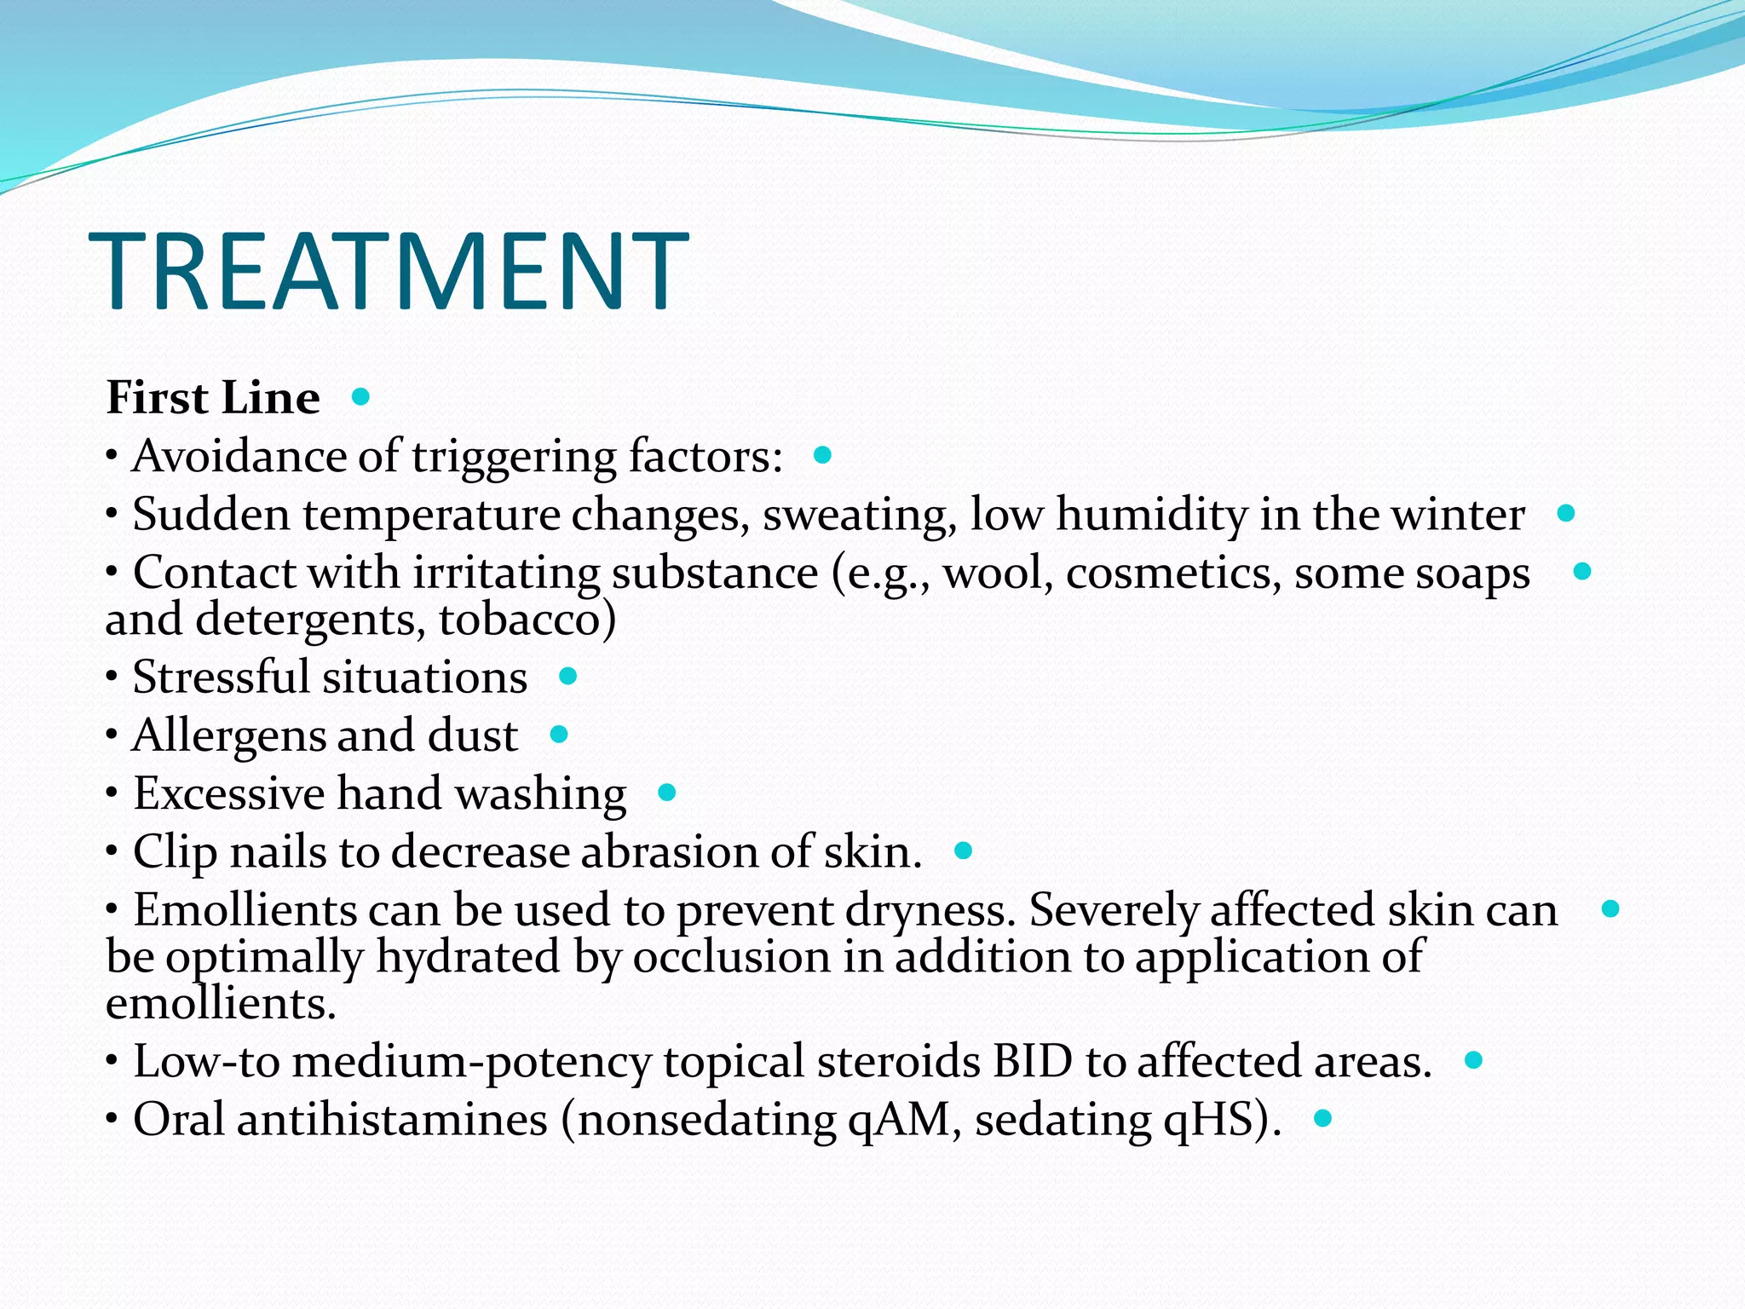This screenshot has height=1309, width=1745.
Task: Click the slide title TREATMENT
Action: (389, 272)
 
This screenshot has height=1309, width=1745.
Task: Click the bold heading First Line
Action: (213, 398)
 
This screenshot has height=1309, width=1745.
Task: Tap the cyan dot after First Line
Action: (360, 396)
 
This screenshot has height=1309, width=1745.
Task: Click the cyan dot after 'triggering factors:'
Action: (822, 455)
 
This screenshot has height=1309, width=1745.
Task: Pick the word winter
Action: (1458, 515)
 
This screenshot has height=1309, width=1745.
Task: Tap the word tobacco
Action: (521, 620)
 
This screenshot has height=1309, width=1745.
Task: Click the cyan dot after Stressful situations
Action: (568, 677)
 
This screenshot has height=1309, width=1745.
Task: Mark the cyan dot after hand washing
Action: (667, 793)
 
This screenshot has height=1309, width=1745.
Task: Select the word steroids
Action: (898, 1062)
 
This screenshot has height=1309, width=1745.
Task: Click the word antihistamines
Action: (392, 1120)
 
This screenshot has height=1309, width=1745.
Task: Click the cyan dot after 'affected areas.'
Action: (1474, 1060)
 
